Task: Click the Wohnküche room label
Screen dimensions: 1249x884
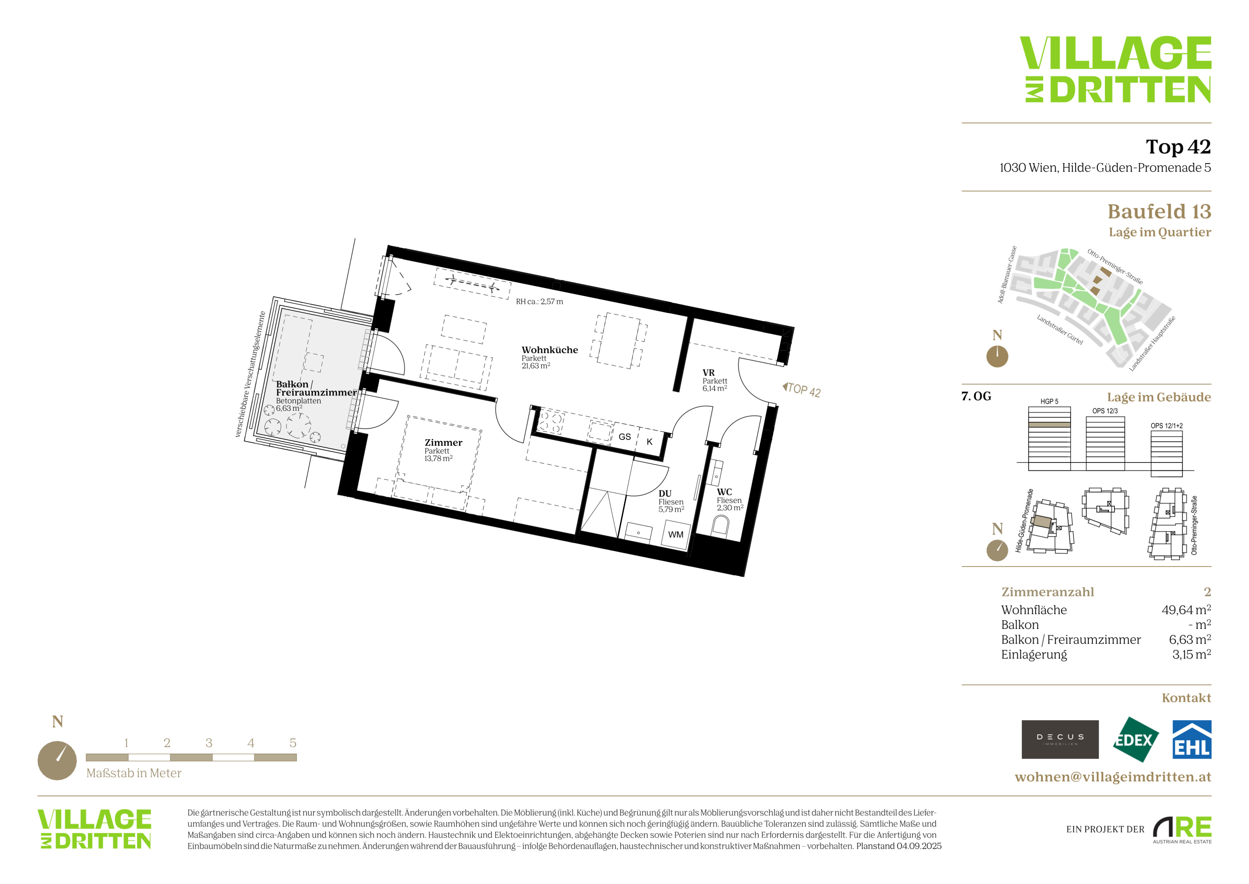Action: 550,350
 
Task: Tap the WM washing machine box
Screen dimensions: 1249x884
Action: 676,534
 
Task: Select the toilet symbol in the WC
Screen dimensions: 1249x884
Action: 720,526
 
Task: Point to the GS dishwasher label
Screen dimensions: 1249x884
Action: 624,436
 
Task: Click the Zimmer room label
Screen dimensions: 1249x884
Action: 443,443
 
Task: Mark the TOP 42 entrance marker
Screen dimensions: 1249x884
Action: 802,390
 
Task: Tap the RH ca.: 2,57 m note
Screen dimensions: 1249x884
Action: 539,301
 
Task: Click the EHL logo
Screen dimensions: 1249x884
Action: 1191,739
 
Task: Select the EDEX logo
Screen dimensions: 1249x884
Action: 1135,740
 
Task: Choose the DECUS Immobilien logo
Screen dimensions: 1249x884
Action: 1060,739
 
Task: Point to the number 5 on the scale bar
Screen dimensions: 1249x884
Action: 293,743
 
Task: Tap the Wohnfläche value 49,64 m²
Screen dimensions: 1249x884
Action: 1186,610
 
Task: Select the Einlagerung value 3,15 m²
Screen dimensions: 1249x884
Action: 1191,654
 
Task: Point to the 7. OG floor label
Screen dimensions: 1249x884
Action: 976,396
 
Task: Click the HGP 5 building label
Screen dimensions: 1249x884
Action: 1050,401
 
